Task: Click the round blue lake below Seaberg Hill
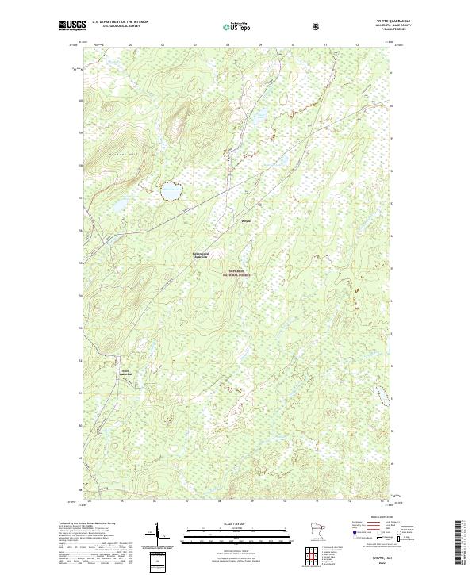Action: click(x=170, y=191)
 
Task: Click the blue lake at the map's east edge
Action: click(x=380, y=394)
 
